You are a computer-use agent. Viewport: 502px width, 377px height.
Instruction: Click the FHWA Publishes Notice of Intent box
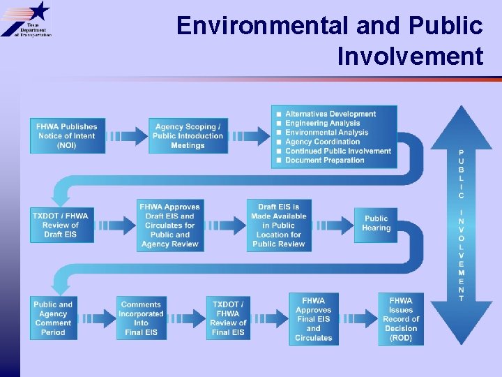[x=68, y=136]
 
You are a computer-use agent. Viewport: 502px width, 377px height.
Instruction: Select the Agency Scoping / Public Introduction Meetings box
[x=188, y=136]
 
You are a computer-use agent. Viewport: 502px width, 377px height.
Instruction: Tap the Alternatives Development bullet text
[x=330, y=114]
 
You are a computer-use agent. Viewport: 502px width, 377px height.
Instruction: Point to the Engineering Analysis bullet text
[x=322, y=124]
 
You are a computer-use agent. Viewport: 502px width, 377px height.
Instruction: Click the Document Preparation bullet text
[x=324, y=160]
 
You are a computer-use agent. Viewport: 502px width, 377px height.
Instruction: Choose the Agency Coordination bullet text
[x=322, y=142]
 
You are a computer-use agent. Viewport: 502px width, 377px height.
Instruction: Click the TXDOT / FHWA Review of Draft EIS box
[x=61, y=225]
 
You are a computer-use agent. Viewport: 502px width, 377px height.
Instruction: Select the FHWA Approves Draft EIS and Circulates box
[x=170, y=225]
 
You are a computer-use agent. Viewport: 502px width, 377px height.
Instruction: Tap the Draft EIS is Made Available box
[x=279, y=225]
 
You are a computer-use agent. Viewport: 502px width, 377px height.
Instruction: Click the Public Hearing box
[x=376, y=223]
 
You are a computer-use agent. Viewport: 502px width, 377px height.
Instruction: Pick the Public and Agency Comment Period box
[x=53, y=318]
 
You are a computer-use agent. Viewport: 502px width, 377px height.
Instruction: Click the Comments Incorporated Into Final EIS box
[x=142, y=318]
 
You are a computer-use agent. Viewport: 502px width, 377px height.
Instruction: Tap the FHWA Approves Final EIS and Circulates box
[x=314, y=318]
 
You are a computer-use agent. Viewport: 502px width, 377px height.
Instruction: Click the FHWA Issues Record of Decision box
[x=401, y=318]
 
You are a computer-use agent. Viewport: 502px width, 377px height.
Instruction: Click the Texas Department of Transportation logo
[x=26, y=20]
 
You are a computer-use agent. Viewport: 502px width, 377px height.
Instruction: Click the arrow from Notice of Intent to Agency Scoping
[x=126, y=136]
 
